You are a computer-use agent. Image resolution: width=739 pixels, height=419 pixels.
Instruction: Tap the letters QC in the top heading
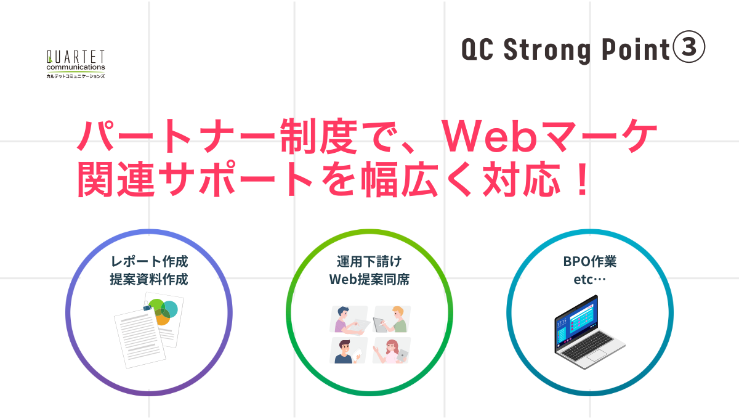tap(478, 50)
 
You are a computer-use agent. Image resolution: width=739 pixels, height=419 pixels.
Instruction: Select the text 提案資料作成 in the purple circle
tap(148, 279)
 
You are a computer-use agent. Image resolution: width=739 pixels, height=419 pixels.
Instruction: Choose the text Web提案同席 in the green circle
tap(369, 279)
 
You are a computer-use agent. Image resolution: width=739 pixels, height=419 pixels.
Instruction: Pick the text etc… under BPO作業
tap(590, 279)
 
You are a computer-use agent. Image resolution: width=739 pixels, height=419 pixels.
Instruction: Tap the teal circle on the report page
tap(169, 308)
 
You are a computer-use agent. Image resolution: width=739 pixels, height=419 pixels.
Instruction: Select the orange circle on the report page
tap(162, 319)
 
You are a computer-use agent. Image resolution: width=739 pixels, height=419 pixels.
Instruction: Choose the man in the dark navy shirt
tap(344, 351)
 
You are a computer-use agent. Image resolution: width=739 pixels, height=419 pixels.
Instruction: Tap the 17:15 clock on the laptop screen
tap(561, 321)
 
